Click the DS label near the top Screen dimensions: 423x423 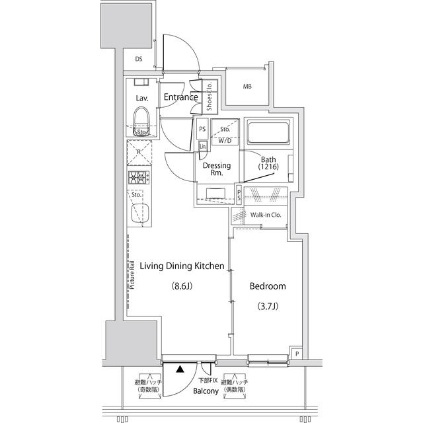(x=139, y=59)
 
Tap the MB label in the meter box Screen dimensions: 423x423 (x=247, y=87)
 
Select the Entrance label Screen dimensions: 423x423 (x=181, y=97)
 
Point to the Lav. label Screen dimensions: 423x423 (x=141, y=98)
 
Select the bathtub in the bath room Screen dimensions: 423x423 (x=268, y=134)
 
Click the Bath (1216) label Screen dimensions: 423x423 (x=268, y=164)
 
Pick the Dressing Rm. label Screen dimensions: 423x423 (x=216, y=170)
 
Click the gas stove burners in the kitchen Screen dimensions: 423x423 (x=139, y=176)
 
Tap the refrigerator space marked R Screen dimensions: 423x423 (x=139, y=152)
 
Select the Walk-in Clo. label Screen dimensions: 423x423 (x=266, y=215)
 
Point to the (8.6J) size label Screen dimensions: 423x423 (x=182, y=287)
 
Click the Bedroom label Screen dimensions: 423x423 (x=267, y=286)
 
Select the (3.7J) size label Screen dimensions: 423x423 (x=267, y=307)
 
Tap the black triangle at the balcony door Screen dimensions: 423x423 (x=180, y=370)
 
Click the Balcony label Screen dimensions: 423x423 (x=206, y=391)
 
